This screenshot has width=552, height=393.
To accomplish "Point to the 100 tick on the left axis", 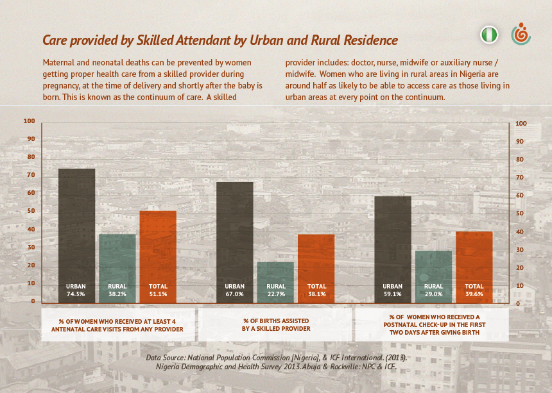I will click(30, 121).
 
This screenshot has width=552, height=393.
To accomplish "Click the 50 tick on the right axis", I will click(521, 213).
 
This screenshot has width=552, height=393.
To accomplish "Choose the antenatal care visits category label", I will click(117, 324).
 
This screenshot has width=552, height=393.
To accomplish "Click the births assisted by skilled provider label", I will click(275, 324).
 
